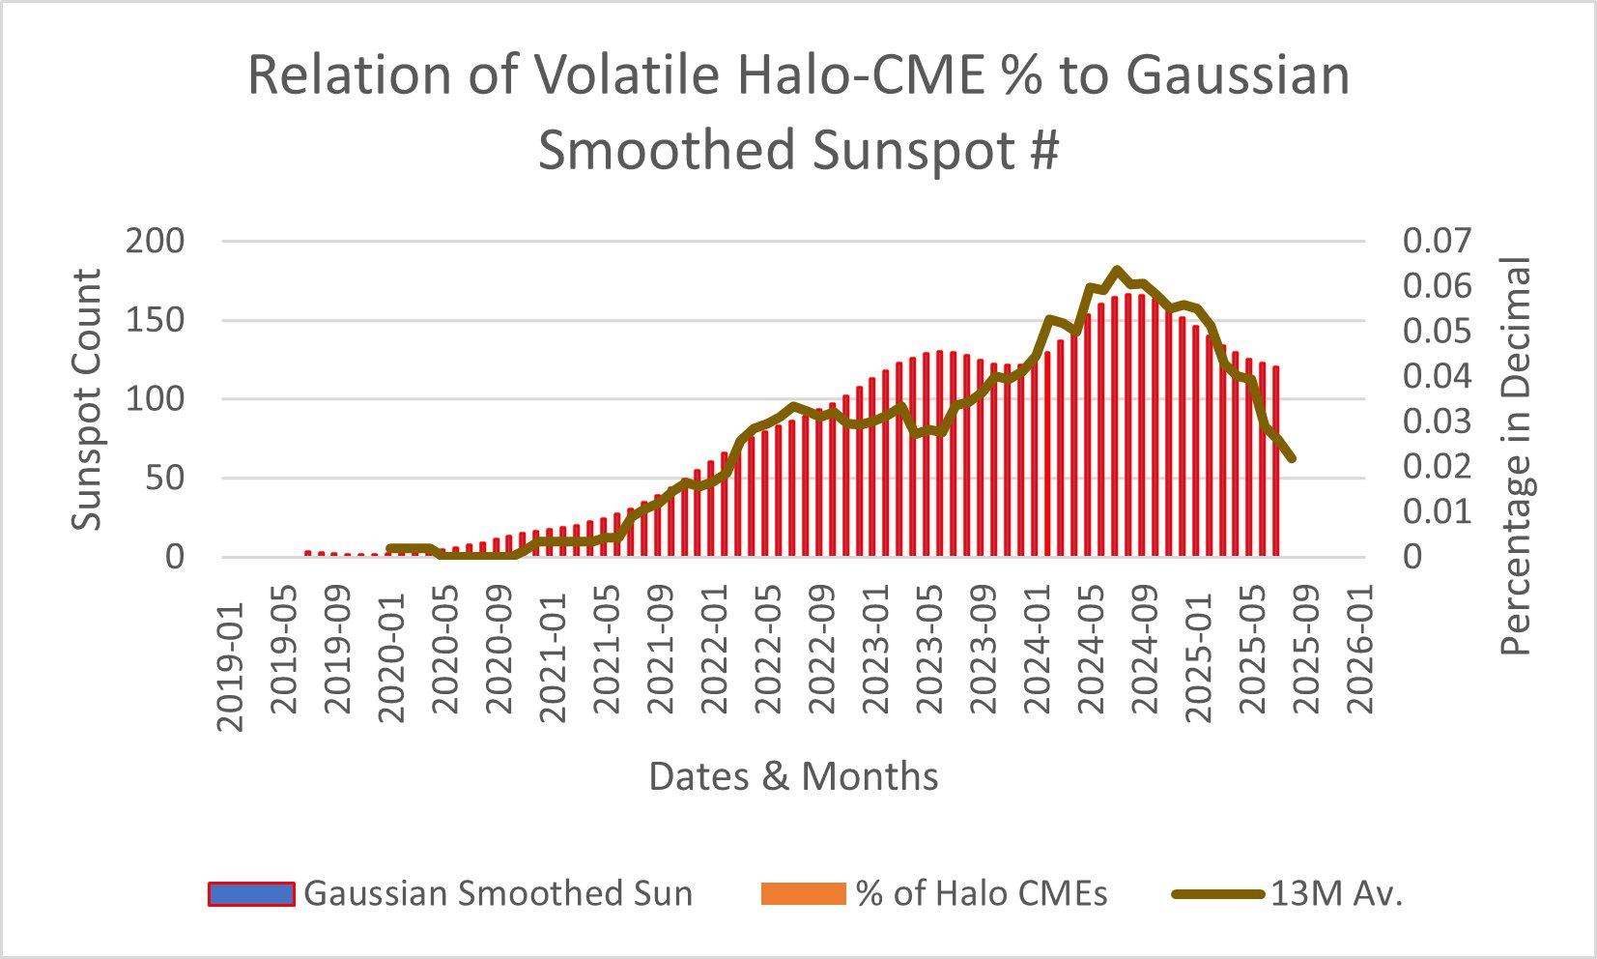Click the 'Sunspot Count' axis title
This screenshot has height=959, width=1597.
click(x=87, y=399)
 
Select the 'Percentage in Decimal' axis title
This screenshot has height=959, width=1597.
click(x=1516, y=456)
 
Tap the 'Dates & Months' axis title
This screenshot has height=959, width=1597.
click(x=793, y=776)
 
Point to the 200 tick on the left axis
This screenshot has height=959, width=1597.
click(x=155, y=241)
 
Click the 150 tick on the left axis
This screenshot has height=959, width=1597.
click(x=155, y=320)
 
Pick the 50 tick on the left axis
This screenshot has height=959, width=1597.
click(x=164, y=478)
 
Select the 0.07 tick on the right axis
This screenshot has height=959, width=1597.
click(x=1437, y=241)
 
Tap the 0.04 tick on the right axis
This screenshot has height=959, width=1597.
click(x=1437, y=376)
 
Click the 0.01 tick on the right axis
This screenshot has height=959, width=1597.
click(x=1437, y=511)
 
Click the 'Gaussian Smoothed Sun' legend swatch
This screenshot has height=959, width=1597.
click(x=251, y=894)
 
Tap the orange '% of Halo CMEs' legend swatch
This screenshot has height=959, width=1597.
click(x=804, y=894)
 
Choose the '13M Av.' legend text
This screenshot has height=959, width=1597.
click(x=1335, y=894)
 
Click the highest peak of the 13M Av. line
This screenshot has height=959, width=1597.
click(x=1117, y=270)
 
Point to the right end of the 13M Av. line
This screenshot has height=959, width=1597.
click(x=1292, y=458)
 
